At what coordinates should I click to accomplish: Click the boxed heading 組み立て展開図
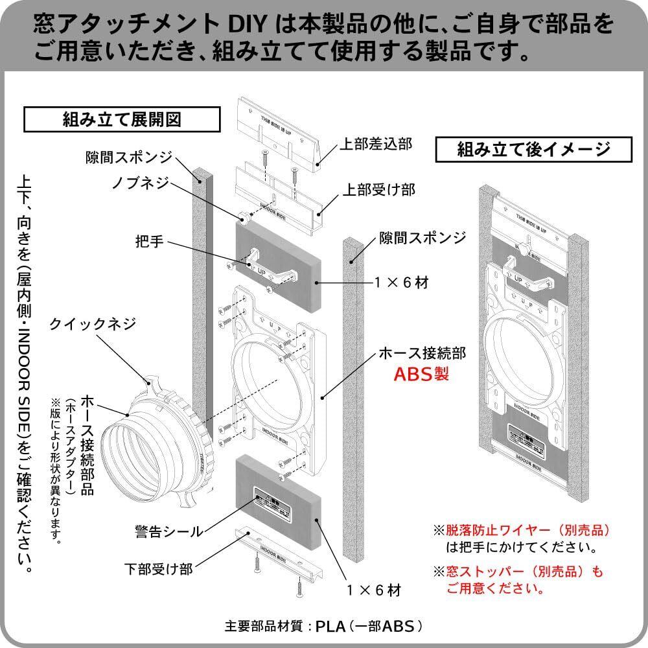pyautogui.click(x=121, y=120)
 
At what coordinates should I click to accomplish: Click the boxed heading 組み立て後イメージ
pyautogui.click(x=533, y=150)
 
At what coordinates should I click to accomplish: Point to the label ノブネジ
pyautogui.click(x=141, y=183)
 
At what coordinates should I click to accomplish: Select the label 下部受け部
pyautogui.click(x=159, y=570)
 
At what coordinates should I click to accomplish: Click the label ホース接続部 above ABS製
pyautogui.click(x=422, y=353)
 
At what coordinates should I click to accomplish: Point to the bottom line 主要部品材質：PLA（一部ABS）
pyautogui.click(x=324, y=627)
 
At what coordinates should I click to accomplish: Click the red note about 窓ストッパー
pyautogui.click(x=518, y=580)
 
